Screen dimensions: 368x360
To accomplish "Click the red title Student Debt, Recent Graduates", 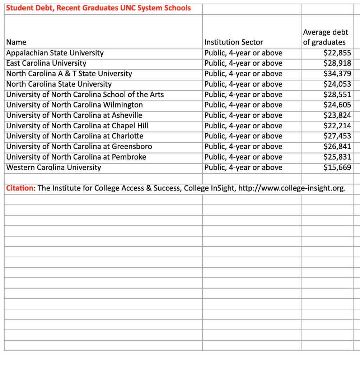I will [x=99, y=8].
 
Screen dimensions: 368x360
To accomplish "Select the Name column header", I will [x=16, y=42].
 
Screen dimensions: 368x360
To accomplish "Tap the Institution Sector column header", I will [x=234, y=42].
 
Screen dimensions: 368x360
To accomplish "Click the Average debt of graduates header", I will [x=325, y=37].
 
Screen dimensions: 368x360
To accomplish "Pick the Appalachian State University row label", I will [x=55, y=53].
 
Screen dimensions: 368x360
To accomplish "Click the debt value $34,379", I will [x=337, y=74].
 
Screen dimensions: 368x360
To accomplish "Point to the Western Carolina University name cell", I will [x=54, y=167].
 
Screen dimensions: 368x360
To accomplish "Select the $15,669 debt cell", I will [x=337, y=167].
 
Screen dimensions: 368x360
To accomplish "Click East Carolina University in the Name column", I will [x=46, y=64].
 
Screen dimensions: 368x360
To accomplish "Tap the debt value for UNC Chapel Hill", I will [x=337, y=126].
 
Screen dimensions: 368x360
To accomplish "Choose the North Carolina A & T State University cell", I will [x=69, y=74].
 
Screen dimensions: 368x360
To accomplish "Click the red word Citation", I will [x=20, y=188].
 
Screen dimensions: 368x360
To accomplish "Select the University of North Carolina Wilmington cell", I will [x=75, y=105].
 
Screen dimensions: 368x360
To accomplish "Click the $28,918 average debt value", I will [x=337, y=64].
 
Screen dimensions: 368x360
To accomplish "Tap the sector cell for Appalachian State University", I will [x=243, y=53].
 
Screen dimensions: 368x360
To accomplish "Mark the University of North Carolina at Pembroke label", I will [x=76, y=157].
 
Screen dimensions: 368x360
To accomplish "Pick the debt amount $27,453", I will [x=337, y=136].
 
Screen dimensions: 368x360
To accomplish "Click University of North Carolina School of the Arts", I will [x=85, y=95].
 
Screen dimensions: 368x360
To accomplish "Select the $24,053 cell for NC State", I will [x=337, y=84].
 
